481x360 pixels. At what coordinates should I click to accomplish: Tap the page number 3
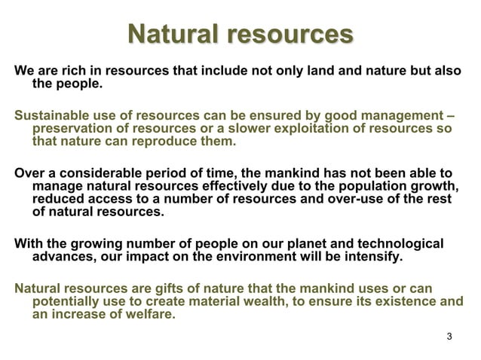click(x=450, y=335)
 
